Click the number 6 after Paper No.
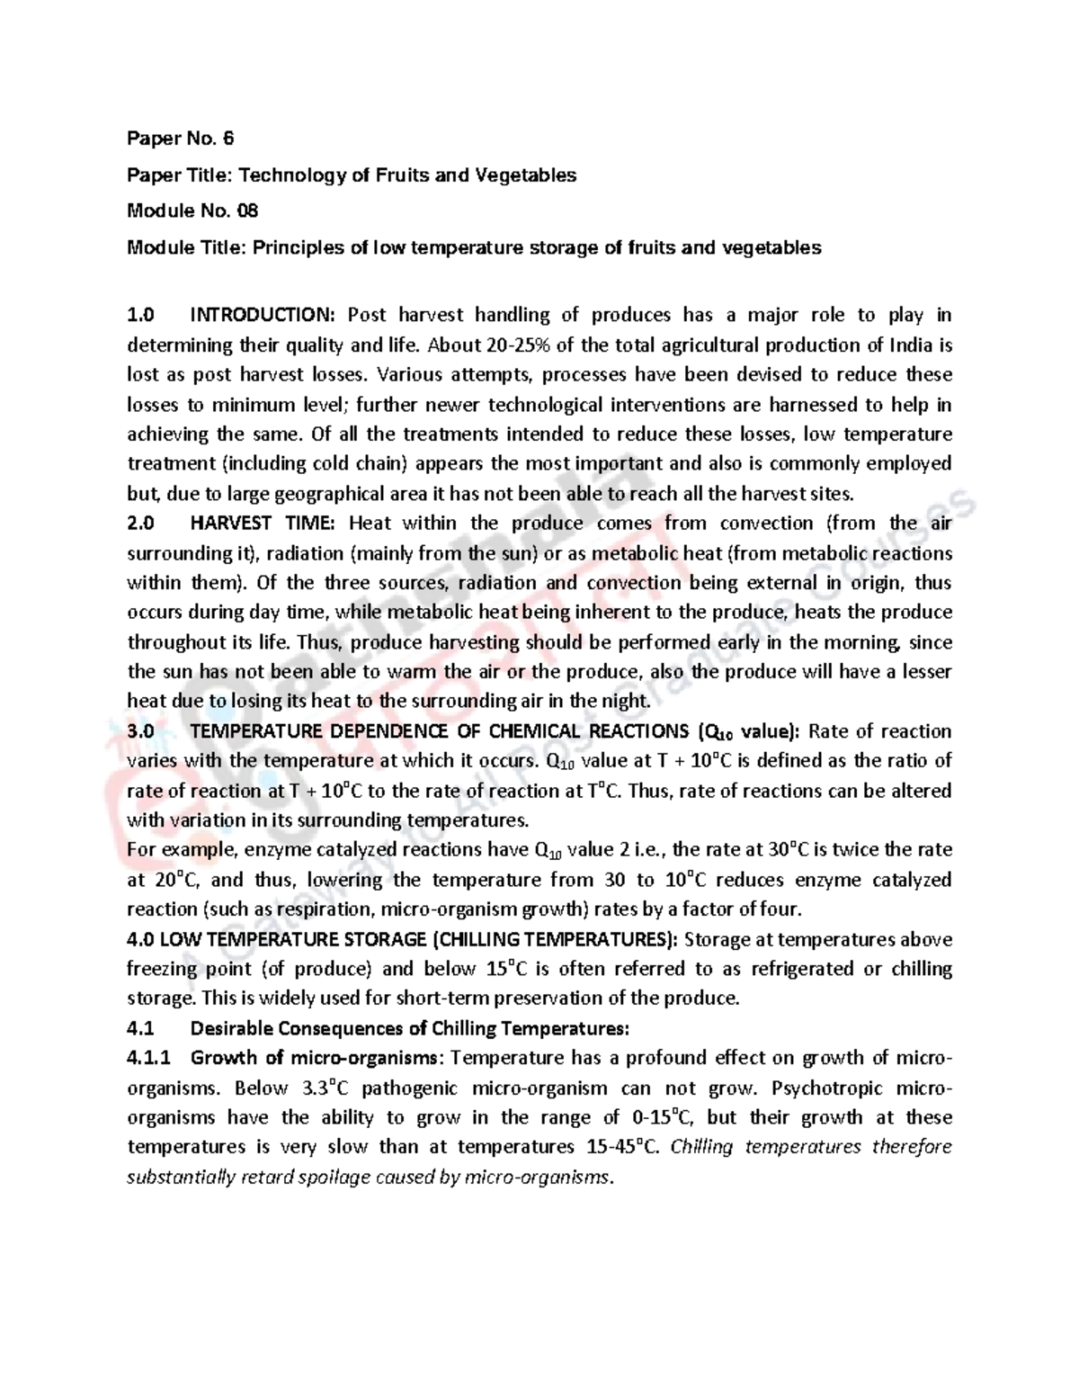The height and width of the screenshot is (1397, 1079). pyautogui.click(x=228, y=139)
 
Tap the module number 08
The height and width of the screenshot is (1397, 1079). pyautogui.click(x=247, y=211)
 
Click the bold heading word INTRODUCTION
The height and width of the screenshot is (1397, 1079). pyautogui.click(x=262, y=315)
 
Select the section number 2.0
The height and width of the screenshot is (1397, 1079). pyautogui.click(x=141, y=524)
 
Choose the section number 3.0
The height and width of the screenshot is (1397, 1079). pyautogui.click(x=141, y=731)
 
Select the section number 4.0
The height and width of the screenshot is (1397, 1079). pyautogui.click(x=141, y=939)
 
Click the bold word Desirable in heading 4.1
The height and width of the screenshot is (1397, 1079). pyautogui.click(x=237, y=1028)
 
